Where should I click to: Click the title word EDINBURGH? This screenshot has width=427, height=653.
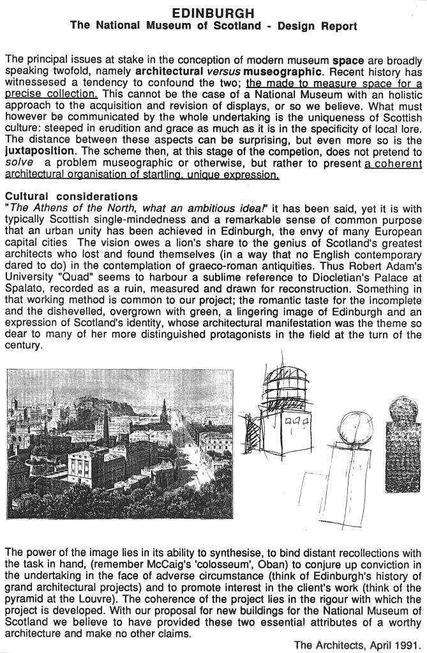[213, 13]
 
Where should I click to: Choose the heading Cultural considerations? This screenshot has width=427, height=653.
[70, 195]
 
